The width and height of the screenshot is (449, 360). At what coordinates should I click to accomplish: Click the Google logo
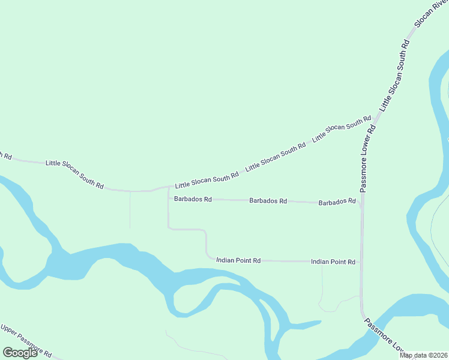tap(20, 352)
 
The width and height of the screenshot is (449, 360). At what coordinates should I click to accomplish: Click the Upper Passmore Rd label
tap(26, 340)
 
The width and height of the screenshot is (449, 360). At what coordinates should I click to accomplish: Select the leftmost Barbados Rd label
tap(193, 199)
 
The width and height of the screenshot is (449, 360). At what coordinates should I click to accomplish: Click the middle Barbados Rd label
tap(268, 201)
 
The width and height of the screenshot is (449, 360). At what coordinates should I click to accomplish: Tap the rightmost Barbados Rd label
tap(337, 202)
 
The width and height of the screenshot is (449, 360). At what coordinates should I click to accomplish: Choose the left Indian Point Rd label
tap(238, 260)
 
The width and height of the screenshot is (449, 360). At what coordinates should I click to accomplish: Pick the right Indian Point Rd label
tap(333, 262)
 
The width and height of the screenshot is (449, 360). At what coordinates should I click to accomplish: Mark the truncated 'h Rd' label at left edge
tap(5, 155)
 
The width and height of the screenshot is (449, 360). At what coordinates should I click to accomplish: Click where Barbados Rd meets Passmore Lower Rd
tap(361, 204)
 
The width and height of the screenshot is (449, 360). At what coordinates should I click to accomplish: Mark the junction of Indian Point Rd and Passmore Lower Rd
tap(361, 262)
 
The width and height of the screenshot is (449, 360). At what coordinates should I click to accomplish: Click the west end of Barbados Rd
tap(168, 199)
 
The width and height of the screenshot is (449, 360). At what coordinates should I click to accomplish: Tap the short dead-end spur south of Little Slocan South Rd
tap(130, 210)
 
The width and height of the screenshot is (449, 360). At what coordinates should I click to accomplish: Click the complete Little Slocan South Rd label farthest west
tap(75, 174)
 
